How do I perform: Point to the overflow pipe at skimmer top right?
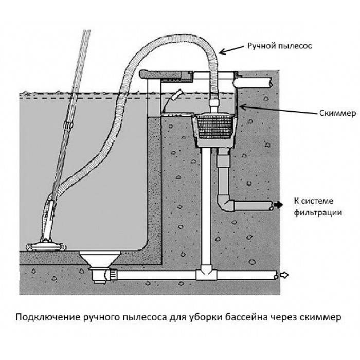(257, 81)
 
